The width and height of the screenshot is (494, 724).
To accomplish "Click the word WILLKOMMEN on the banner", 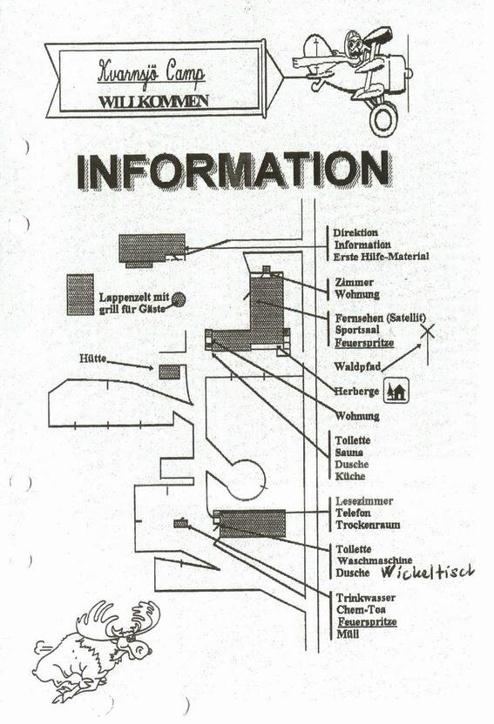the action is [x=154, y=102].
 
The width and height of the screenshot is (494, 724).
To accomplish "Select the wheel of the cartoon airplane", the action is [x=384, y=118].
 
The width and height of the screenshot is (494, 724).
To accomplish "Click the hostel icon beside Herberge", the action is [x=396, y=390].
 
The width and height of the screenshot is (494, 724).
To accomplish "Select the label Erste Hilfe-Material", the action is [x=382, y=256].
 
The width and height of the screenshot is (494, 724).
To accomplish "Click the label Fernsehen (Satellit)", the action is [x=381, y=318].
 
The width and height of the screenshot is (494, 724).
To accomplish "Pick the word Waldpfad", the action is [x=358, y=366].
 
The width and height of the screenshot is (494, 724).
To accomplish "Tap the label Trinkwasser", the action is [x=366, y=598].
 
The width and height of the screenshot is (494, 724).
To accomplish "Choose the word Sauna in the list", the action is [x=349, y=452].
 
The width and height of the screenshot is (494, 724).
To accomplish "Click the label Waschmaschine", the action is [x=375, y=561].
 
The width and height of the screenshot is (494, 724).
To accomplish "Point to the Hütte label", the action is [x=93, y=358].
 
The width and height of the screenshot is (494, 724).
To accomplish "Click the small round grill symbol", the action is [x=179, y=300].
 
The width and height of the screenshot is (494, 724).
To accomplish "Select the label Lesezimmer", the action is [x=364, y=501].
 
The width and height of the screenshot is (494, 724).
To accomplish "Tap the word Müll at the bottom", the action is [x=348, y=633].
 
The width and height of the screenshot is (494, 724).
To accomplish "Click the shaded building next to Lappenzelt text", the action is [x=80, y=295].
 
